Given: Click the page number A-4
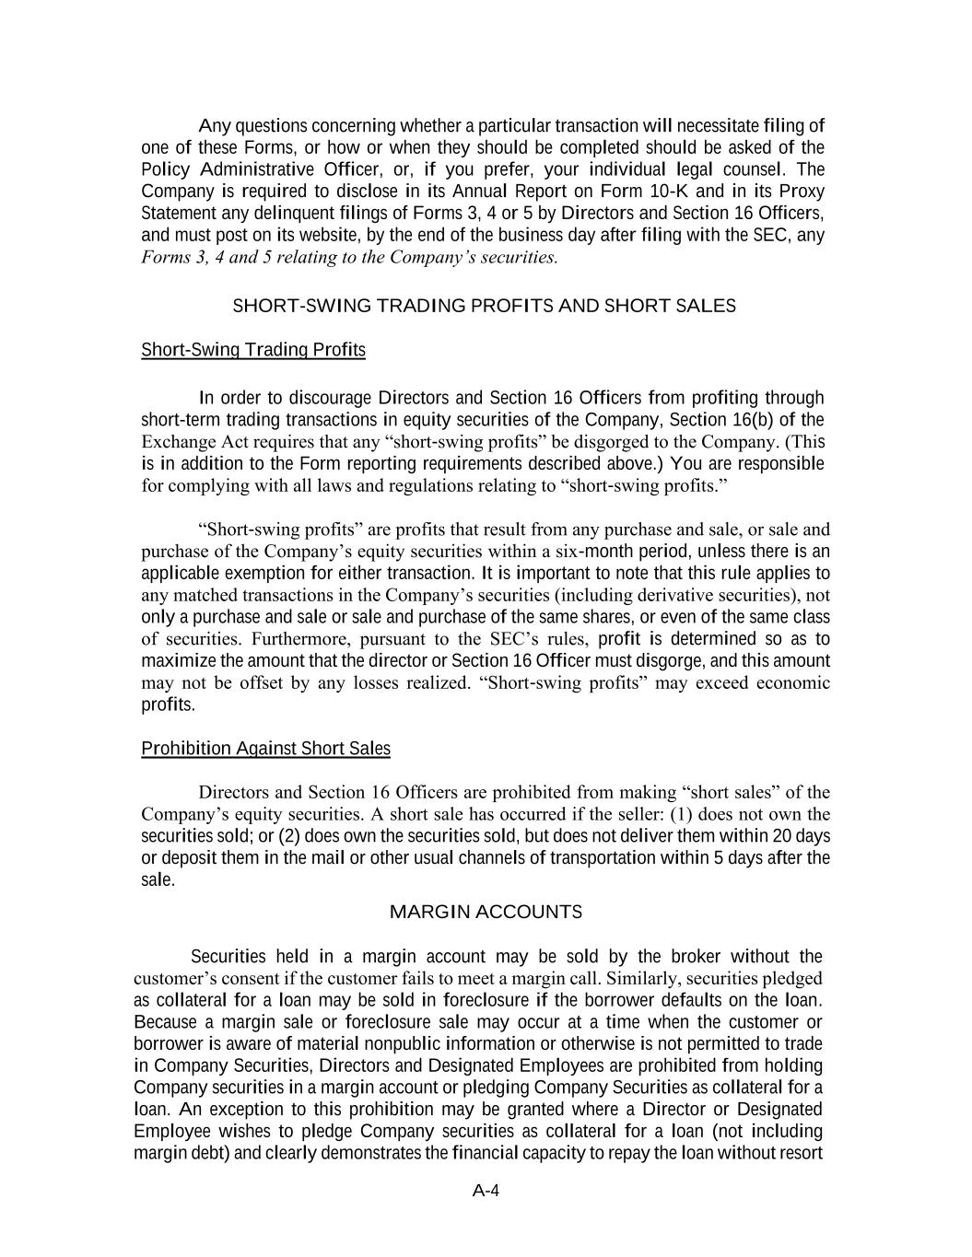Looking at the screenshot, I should (486, 1191).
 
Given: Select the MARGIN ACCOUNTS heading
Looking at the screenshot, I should (486, 913).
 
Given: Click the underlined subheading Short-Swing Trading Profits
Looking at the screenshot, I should (253, 350).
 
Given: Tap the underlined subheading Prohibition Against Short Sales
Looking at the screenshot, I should (265, 749).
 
